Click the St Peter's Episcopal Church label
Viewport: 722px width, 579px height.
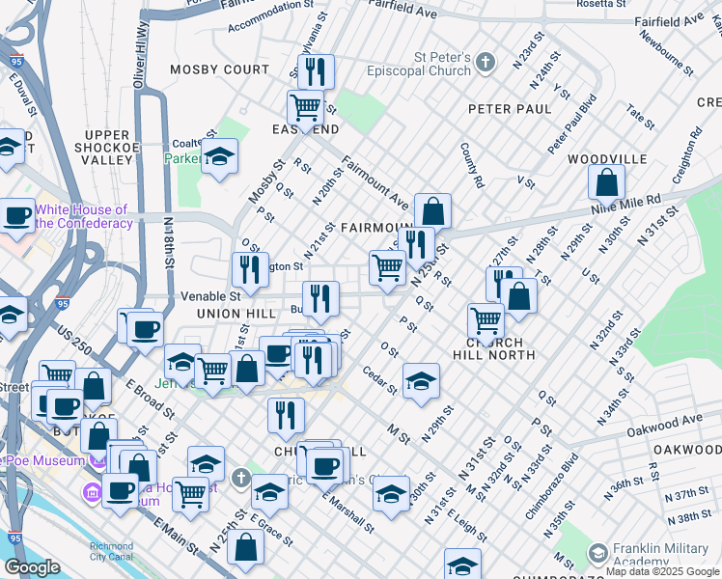pos(420,70)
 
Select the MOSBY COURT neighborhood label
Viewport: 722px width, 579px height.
pos(219,69)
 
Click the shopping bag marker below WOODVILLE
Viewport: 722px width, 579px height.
pos(606,182)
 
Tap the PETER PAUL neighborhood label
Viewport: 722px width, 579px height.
pos(510,109)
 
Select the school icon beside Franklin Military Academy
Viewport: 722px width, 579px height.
pos(597,553)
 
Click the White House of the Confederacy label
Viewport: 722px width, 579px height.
pos(83,216)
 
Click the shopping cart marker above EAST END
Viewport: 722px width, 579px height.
pos(306,106)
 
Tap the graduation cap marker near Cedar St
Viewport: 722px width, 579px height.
pos(421,381)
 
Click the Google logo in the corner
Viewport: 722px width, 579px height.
pos(31,567)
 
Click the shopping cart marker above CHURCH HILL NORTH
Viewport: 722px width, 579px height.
pos(486,319)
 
